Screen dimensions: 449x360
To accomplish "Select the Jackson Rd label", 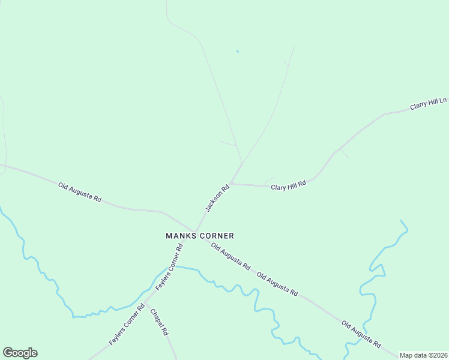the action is pos(217,198).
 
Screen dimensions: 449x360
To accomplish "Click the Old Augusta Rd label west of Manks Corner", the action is pos(80,192).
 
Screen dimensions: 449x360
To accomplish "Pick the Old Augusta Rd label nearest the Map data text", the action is pos(361,335).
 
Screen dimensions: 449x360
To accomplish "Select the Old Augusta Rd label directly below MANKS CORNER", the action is pos(231,256).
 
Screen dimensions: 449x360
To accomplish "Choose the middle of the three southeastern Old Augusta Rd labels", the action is pos(277,284).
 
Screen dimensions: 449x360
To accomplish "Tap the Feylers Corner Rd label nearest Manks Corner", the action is pos(169,268).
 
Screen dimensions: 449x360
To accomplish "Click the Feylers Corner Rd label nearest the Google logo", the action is pos(127,325).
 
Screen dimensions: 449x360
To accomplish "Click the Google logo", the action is pos(20,353).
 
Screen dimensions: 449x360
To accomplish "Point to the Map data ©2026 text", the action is pos(424,355).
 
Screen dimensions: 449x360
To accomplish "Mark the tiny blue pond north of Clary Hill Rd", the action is pos(237,52).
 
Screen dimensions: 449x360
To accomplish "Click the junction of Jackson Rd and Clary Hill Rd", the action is pos(231,184).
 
